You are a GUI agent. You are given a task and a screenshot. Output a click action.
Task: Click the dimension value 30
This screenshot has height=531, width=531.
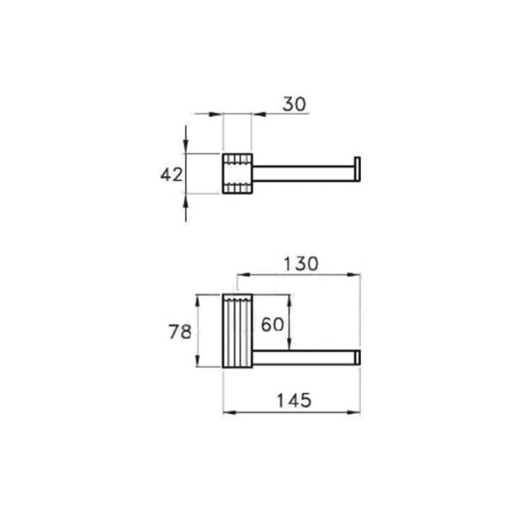pyautogui.click(x=294, y=104)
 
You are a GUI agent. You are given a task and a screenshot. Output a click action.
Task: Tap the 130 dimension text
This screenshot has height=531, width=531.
pyautogui.click(x=301, y=264)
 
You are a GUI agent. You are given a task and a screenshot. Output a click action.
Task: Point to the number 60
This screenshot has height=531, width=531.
pyautogui.click(x=273, y=324)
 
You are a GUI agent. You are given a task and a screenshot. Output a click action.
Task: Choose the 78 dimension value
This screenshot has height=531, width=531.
pyautogui.click(x=181, y=332)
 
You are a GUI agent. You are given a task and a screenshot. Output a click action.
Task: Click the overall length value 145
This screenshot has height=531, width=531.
pyautogui.click(x=292, y=400)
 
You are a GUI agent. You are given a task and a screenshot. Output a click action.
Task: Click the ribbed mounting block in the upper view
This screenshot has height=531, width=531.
pyautogui.click(x=236, y=174)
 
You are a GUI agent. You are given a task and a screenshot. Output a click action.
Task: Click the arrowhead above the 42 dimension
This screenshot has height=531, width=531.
pyautogui.click(x=186, y=146)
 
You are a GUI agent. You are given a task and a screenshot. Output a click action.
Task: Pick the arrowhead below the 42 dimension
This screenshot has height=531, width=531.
pyautogui.click(x=186, y=202)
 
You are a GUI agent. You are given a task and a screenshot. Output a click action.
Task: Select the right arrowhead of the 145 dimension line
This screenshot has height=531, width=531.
pyautogui.click(x=357, y=412)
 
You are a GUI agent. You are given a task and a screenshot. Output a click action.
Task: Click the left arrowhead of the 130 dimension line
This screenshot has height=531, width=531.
pyautogui.click(x=242, y=276)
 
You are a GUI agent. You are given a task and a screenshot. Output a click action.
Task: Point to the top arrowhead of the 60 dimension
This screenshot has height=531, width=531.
pyautogui.click(x=289, y=299)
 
